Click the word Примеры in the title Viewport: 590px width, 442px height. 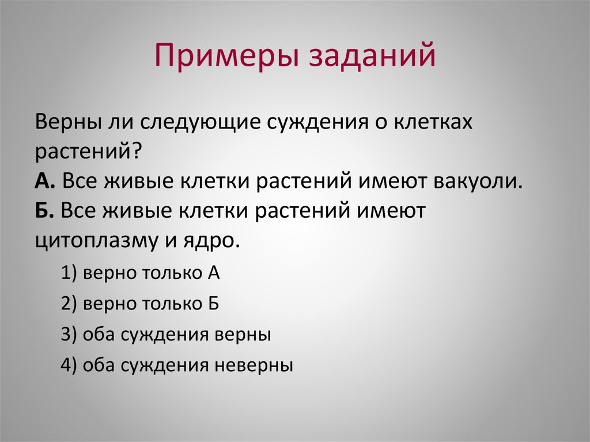point(226,58)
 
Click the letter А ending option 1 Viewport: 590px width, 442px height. point(213,273)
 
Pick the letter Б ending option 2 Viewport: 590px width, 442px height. point(213,304)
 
